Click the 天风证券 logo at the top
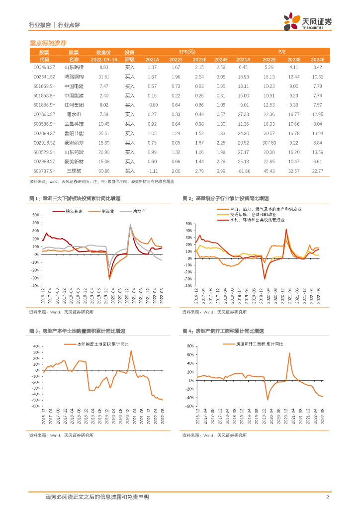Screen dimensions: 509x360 [x=307, y=22]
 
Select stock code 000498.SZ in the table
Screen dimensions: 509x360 [x=44, y=67]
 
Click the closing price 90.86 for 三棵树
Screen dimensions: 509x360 [x=104, y=171]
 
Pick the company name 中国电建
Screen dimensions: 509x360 [x=74, y=86]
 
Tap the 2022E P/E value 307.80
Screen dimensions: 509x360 [x=269, y=143]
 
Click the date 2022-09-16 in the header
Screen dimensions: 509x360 [x=103, y=59]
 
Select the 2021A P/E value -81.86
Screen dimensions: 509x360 [x=243, y=171]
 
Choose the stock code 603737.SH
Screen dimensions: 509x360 [x=44, y=171]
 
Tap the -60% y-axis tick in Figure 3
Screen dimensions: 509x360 [x=35, y=406]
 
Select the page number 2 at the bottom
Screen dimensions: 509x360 [x=327, y=497]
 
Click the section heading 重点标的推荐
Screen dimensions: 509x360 [x=48, y=43]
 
